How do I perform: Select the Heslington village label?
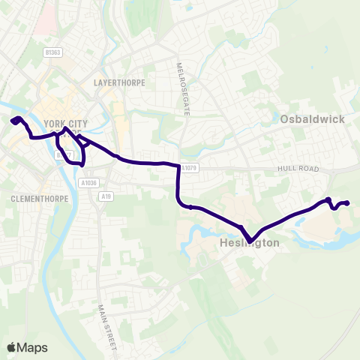250,244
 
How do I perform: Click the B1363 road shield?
52,52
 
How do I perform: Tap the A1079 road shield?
190,169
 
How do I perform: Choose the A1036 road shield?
88,182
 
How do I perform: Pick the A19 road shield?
107,195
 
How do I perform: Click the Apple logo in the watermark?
11,347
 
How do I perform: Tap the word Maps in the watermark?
32,347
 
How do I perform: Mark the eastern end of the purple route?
348,202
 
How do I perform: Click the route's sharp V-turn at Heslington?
250,241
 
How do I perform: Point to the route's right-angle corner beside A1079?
178,166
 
